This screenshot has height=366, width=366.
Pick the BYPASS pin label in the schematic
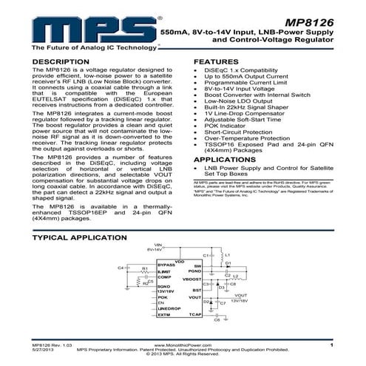point(166,264)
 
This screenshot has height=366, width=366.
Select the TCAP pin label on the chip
point(196,315)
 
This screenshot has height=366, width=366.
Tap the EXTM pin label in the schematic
point(164,315)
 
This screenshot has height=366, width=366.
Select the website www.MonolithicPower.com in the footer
point(183,345)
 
